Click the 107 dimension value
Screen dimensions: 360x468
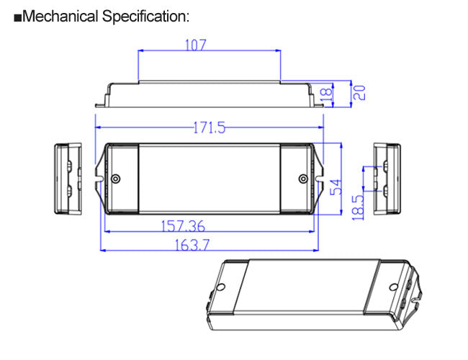[196, 45]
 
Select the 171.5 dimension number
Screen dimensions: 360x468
[209, 128]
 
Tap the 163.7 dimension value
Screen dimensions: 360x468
[191, 245]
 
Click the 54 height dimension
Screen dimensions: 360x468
[336, 187]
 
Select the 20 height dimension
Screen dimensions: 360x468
[358, 92]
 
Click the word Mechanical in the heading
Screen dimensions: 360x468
[60, 17]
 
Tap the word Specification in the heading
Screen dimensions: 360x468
[144, 17]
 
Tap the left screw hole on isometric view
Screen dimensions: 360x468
[221, 287]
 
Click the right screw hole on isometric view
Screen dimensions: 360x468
[393, 287]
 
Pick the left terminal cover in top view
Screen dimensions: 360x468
[120, 179]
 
